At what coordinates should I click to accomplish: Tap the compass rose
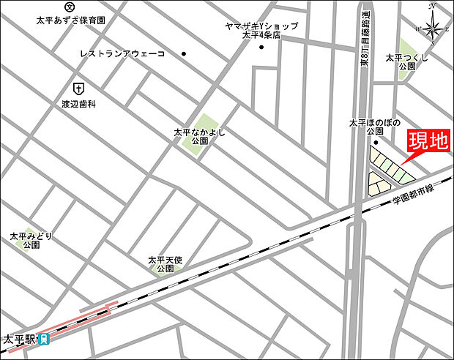coord(431,29)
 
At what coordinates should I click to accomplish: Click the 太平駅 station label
coord(19,340)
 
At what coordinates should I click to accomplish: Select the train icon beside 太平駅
coord(44,339)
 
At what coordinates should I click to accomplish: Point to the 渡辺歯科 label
coord(79,104)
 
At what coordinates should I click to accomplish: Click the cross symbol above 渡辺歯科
coord(78,86)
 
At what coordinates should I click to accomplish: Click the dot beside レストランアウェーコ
coord(184,53)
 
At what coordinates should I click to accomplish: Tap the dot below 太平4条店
coord(261,48)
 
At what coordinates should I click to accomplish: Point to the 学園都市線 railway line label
coord(413,192)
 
